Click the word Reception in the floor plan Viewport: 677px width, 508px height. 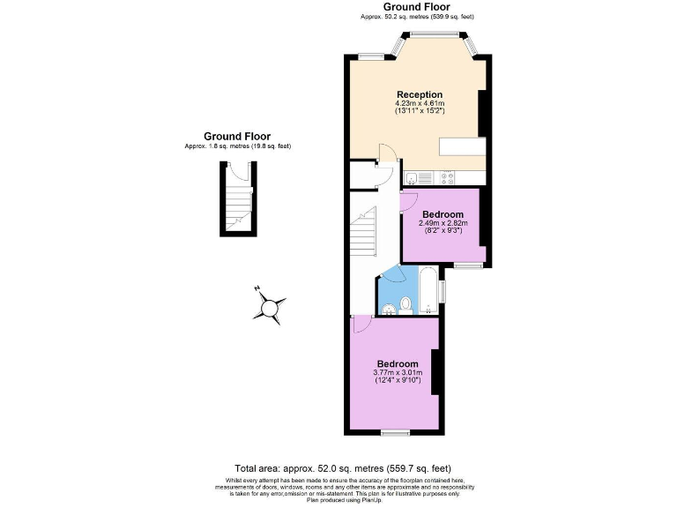(419, 94)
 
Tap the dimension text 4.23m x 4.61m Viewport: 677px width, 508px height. (419, 103)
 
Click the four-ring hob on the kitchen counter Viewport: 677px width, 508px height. (448, 176)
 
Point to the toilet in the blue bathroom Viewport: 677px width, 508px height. (405, 304)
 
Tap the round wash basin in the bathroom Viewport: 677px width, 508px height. (388, 308)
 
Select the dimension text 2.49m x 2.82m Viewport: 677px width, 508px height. (443, 223)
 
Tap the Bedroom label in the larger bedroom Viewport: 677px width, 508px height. (398, 363)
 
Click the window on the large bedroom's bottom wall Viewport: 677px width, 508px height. (394, 432)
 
